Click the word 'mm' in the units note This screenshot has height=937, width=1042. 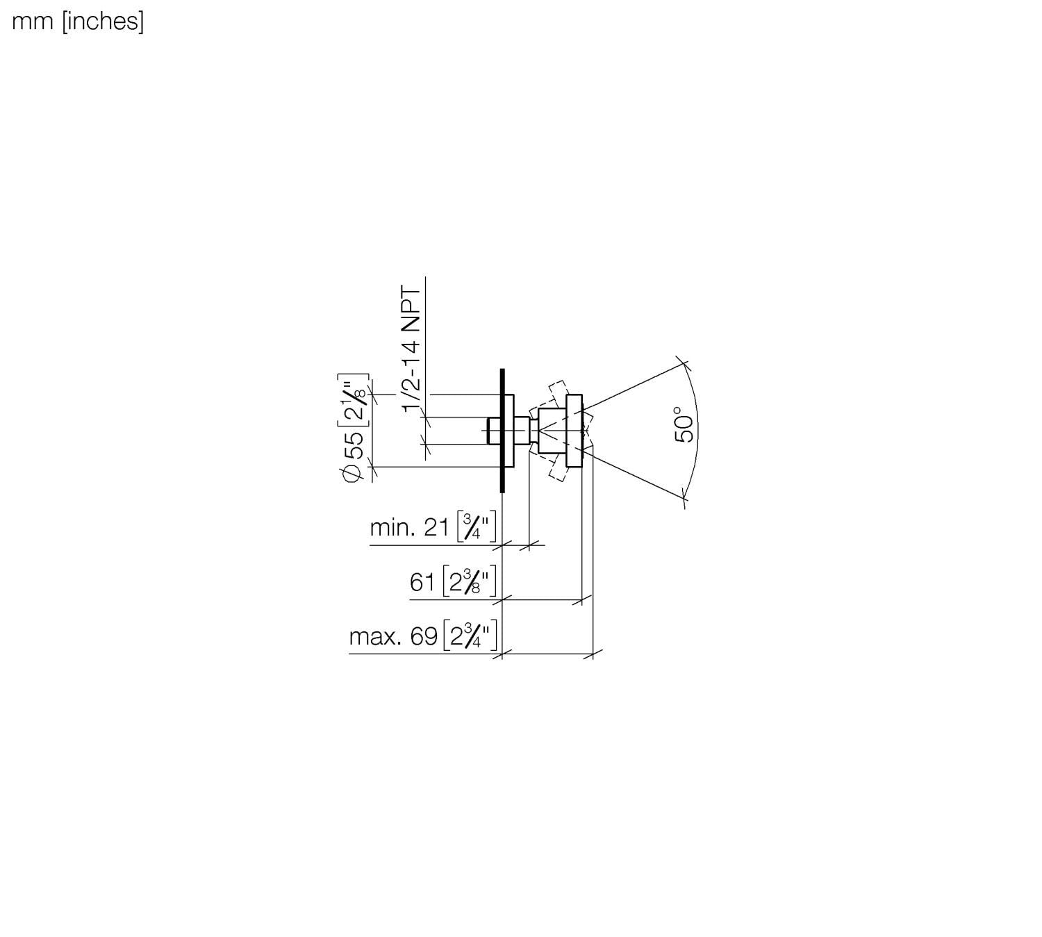click(x=33, y=22)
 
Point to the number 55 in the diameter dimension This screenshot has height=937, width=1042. click(x=354, y=445)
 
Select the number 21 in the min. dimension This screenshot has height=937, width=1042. click(x=437, y=528)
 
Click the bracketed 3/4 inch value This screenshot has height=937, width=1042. click(x=477, y=527)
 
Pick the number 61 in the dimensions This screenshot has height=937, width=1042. click(x=422, y=581)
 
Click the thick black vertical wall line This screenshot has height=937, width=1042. click(x=502, y=431)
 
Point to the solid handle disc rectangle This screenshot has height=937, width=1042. click(x=574, y=431)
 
